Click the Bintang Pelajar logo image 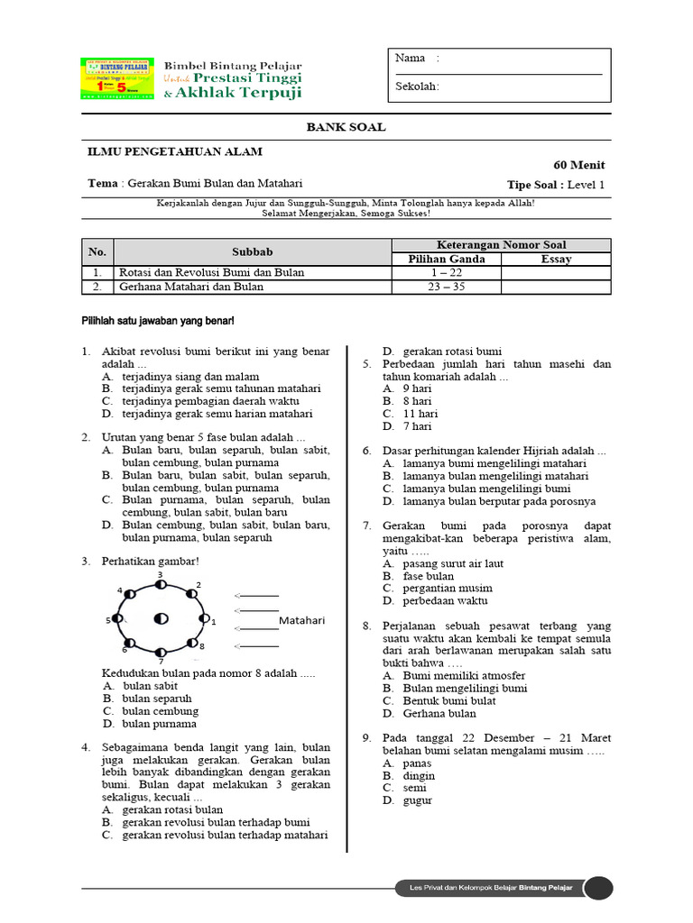pos(116,80)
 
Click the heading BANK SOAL pos(346,127)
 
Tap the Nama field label pos(411,59)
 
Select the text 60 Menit pos(578,165)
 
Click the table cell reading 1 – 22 pos(446,272)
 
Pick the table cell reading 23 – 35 pos(446,287)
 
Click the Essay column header pos(556,259)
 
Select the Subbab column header pos(252,251)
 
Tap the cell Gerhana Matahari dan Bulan pos(191,287)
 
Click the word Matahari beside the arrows pos(301,621)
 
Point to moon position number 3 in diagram pos(161,584)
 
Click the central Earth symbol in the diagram pos(161,618)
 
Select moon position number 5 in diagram pos(118,620)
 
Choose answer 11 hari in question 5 pos(420,414)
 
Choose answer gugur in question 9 pos(418,800)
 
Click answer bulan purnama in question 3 pos(159,724)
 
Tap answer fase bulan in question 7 pos(428,576)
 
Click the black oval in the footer pos(597,888)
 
